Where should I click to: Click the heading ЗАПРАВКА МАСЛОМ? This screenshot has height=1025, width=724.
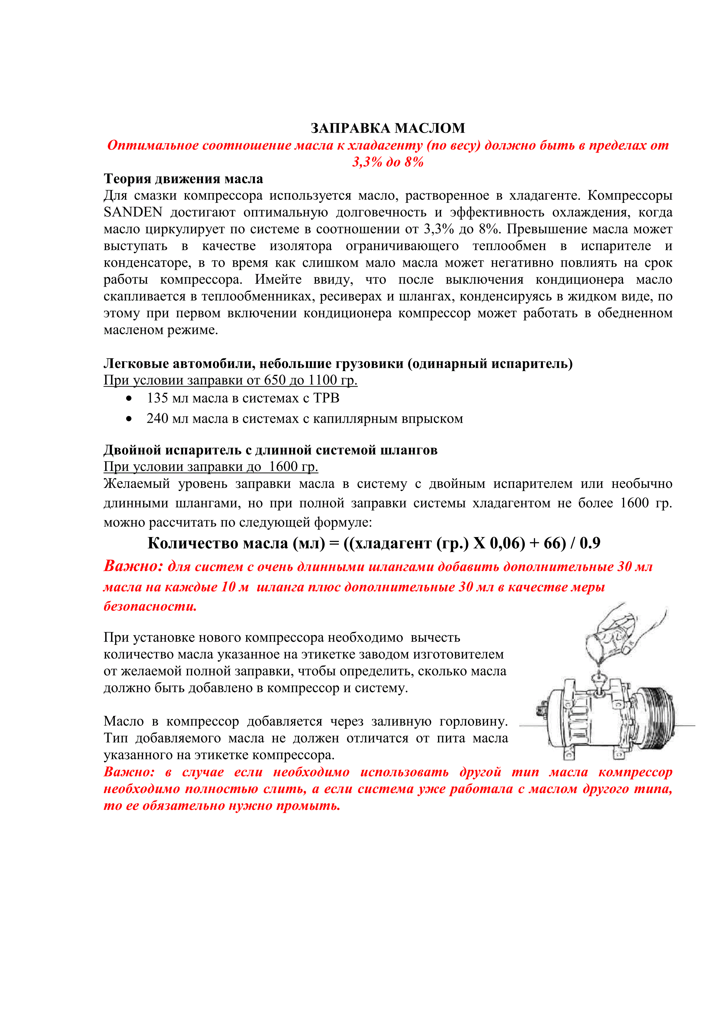tap(388, 128)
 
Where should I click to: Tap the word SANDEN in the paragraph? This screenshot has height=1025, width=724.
tap(133, 212)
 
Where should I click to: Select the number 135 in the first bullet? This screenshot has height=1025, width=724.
tap(157, 398)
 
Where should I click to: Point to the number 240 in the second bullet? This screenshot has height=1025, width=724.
tap(157, 419)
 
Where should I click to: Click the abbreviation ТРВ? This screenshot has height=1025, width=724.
tap(326, 398)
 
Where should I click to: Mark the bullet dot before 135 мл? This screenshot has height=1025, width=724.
tap(129, 398)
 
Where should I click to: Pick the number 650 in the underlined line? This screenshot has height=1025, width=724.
tap(274, 380)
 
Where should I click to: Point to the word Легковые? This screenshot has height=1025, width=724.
tap(135, 364)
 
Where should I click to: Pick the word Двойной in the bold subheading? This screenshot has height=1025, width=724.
tap(133, 450)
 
